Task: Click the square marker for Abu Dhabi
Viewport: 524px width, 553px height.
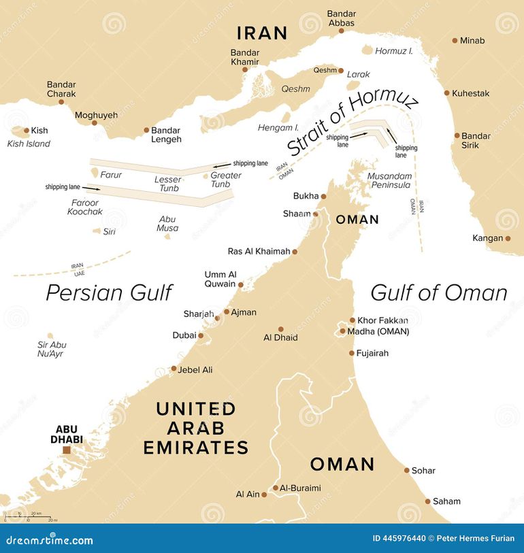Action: point(67,450)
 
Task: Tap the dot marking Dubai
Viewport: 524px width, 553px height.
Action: point(201,335)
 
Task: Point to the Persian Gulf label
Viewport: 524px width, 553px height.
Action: point(109,292)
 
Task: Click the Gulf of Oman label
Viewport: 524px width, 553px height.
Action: point(439,292)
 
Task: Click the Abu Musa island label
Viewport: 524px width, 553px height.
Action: point(167,224)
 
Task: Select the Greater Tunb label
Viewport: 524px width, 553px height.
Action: point(225,180)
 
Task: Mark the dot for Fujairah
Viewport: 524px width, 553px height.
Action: point(352,353)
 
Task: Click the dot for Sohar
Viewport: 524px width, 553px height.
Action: point(407,470)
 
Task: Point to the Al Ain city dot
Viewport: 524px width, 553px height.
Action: point(264,495)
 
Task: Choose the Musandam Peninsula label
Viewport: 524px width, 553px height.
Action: point(389,180)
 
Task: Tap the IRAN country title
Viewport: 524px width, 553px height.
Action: point(261,33)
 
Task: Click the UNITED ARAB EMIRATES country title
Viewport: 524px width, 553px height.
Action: point(196,428)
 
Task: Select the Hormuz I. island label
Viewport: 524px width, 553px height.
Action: point(394,51)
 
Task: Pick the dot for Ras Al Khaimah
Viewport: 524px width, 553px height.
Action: point(295,252)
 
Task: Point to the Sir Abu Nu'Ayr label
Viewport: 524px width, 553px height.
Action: point(52,349)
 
